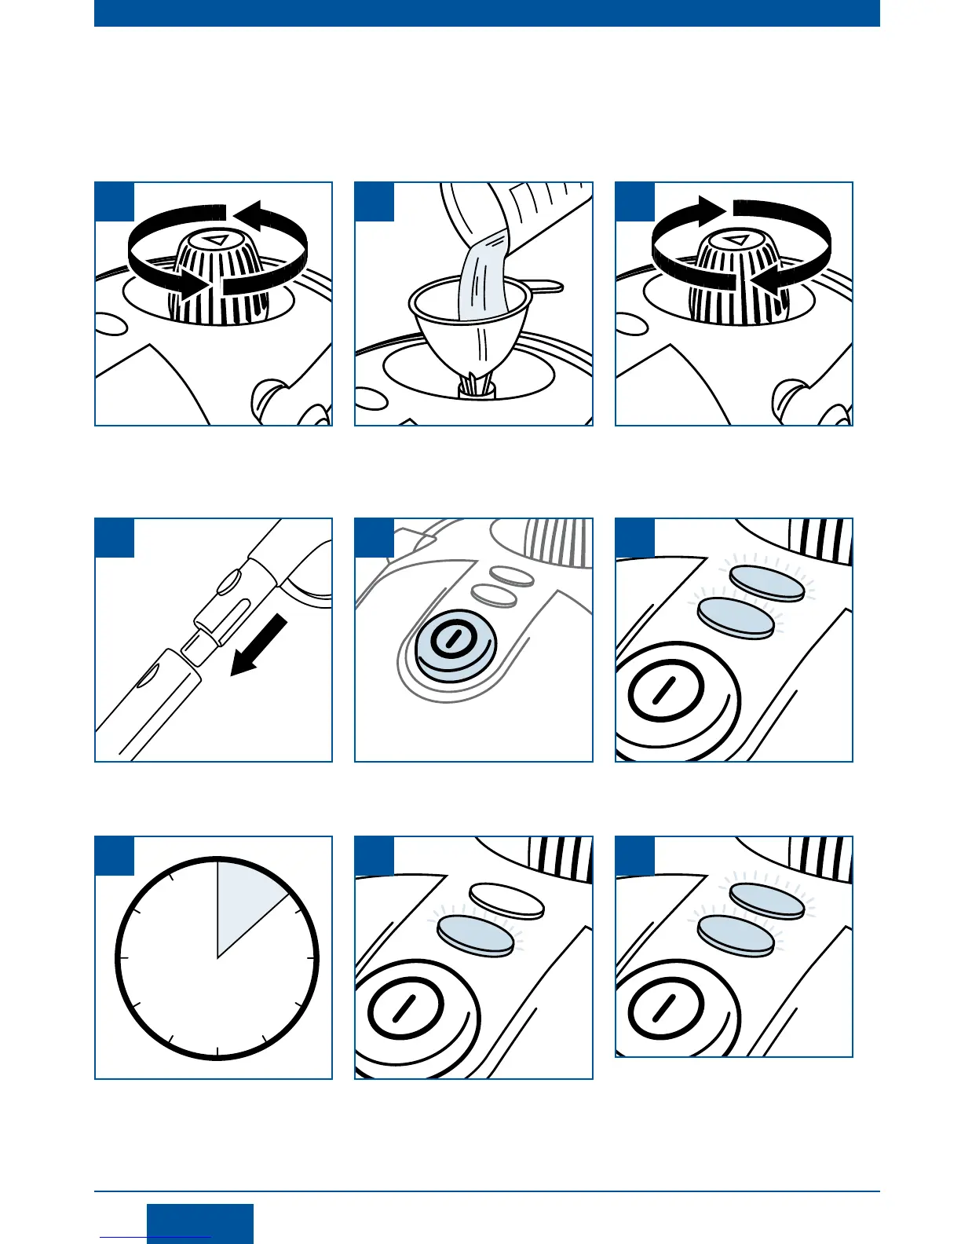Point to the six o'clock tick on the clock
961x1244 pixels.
pyautogui.click(x=217, y=1052)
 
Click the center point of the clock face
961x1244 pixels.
pyautogui.click(x=217, y=958)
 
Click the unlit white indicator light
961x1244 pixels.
pyautogui.click(x=506, y=901)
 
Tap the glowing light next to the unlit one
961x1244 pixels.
pyautogui.click(x=473, y=933)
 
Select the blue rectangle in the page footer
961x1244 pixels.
pyautogui.click(x=200, y=1223)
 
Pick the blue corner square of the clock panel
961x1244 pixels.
pyautogui.click(x=115, y=855)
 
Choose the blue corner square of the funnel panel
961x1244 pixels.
pyautogui.click(x=375, y=202)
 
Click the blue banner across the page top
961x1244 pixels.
pyautogui.click(x=487, y=13)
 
